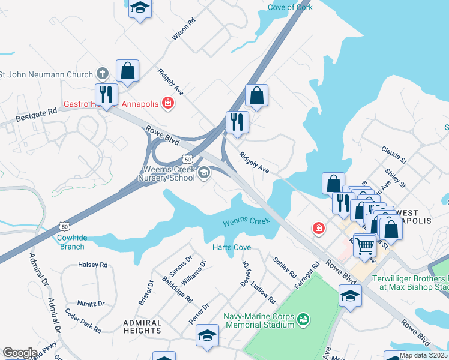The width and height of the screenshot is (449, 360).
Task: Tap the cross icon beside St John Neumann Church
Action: tap(103, 74)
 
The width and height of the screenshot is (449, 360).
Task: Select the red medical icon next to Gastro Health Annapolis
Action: tap(169, 104)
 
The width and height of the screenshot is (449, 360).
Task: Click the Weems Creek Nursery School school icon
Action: tap(204, 173)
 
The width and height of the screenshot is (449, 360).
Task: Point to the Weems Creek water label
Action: tap(246, 222)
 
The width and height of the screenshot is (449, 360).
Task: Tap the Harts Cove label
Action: tap(232, 248)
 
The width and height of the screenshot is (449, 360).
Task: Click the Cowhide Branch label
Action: tap(71, 242)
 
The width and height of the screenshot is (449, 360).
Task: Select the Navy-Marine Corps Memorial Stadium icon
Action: tap(304, 317)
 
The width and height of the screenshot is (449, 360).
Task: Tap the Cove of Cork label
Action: tap(291, 7)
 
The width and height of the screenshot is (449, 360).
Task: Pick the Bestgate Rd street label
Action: tap(36, 111)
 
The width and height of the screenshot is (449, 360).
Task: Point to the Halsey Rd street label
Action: tap(92, 265)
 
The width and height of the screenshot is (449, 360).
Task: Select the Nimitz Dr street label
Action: tap(91, 304)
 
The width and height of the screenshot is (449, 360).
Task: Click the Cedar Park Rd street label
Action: tap(83, 321)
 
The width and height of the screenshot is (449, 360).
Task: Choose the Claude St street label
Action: tap(394, 154)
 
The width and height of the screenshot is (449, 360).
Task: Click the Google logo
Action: tap(20, 353)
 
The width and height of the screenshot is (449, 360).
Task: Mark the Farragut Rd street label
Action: tap(307, 274)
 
